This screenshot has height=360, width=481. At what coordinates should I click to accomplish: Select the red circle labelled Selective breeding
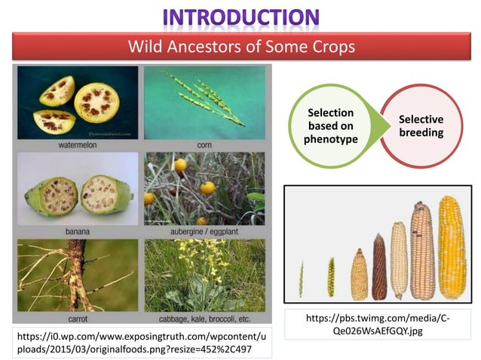(420, 126)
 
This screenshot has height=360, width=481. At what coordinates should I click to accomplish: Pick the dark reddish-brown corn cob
(379, 267)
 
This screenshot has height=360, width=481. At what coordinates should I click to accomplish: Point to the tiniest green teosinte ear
(302, 279)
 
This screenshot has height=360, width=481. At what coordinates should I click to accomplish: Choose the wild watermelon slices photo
(77, 102)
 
